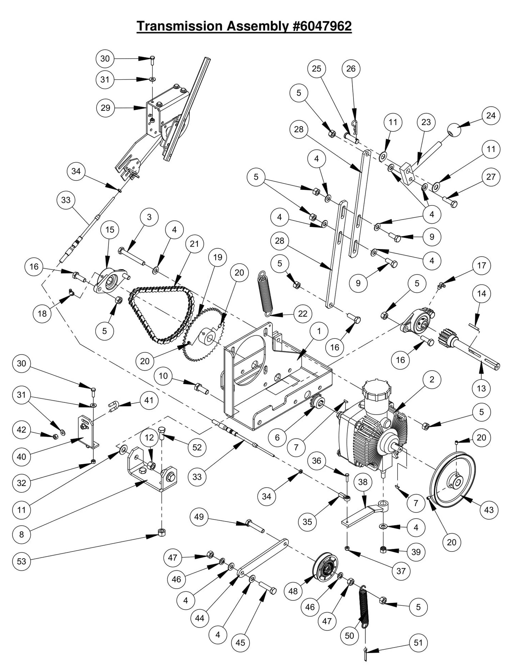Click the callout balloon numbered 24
pyautogui.click(x=491, y=115)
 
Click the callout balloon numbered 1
pyautogui.click(x=319, y=331)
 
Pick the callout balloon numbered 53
pyautogui.click(x=21, y=561)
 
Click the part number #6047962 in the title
pyautogui.click(x=322, y=26)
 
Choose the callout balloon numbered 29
pyautogui.click(x=105, y=108)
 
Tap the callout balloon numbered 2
pyautogui.click(x=432, y=380)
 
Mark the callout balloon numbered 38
pyautogui.click(x=363, y=482)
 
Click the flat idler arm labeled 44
pyautogui.click(x=263, y=557)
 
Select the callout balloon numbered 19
pyautogui.click(x=217, y=257)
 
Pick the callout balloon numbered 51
pyautogui.click(x=418, y=643)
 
